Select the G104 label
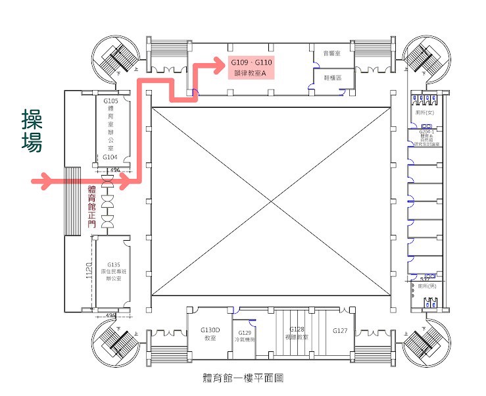[x=110, y=157]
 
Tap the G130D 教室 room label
[x=210, y=334]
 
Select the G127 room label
[x=340, y=330]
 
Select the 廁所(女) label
[x=424, y=112]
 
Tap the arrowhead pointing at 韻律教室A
[x=221, y=64]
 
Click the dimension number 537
[x=425, y=280]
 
